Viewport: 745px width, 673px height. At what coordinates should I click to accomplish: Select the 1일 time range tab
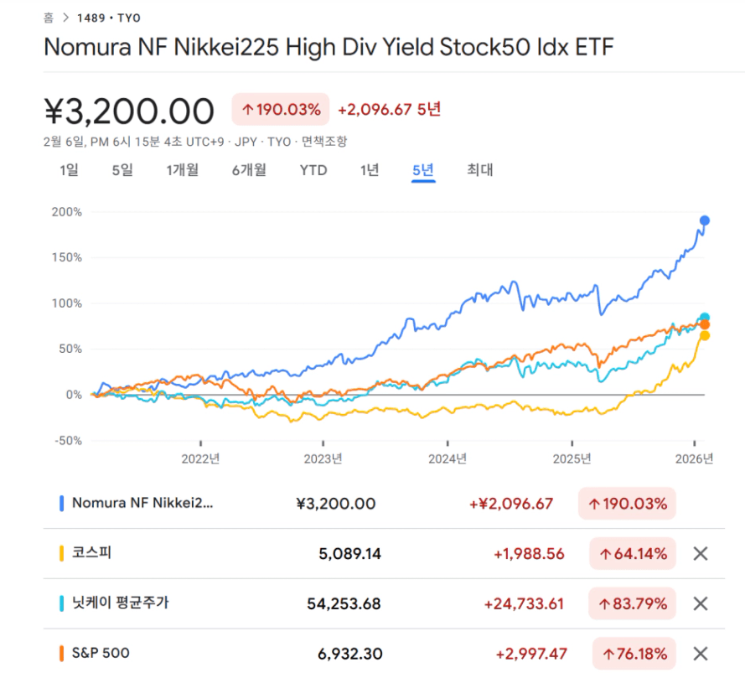coord(69,170)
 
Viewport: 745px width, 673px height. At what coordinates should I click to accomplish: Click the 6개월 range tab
coord(249,170)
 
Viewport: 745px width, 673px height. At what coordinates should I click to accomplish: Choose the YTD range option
coord(313,170)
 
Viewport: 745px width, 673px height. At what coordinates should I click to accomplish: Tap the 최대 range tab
coord(480,170)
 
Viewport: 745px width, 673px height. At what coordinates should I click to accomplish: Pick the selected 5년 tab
coord(423,170)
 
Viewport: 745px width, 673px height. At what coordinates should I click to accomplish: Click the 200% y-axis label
coord(66,212)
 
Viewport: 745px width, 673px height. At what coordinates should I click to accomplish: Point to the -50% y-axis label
coord(66,441)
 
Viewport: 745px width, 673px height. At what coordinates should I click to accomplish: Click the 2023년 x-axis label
coord(323,459)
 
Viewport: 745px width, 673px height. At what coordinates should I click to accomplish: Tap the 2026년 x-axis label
coord(695,459)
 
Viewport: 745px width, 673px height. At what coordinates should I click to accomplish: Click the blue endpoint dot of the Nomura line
coord(705,220)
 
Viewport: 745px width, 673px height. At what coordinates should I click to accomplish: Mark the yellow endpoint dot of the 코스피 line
coord(705,335)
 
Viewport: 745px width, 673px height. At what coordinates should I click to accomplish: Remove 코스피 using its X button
coord(701,554)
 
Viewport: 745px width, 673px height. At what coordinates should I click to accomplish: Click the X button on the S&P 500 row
coord(701,653)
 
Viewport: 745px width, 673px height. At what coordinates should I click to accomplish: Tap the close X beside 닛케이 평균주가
coord(701,603)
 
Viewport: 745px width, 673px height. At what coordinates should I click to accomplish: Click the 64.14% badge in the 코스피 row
coord(632,554)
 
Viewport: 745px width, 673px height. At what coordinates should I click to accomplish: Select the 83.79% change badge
coord(632,603)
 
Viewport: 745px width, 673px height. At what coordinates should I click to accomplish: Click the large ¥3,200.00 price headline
coord(129,110)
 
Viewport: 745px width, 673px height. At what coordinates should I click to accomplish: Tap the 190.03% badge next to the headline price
coord(281,110)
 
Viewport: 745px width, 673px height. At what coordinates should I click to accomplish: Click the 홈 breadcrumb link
coord(49,17)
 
